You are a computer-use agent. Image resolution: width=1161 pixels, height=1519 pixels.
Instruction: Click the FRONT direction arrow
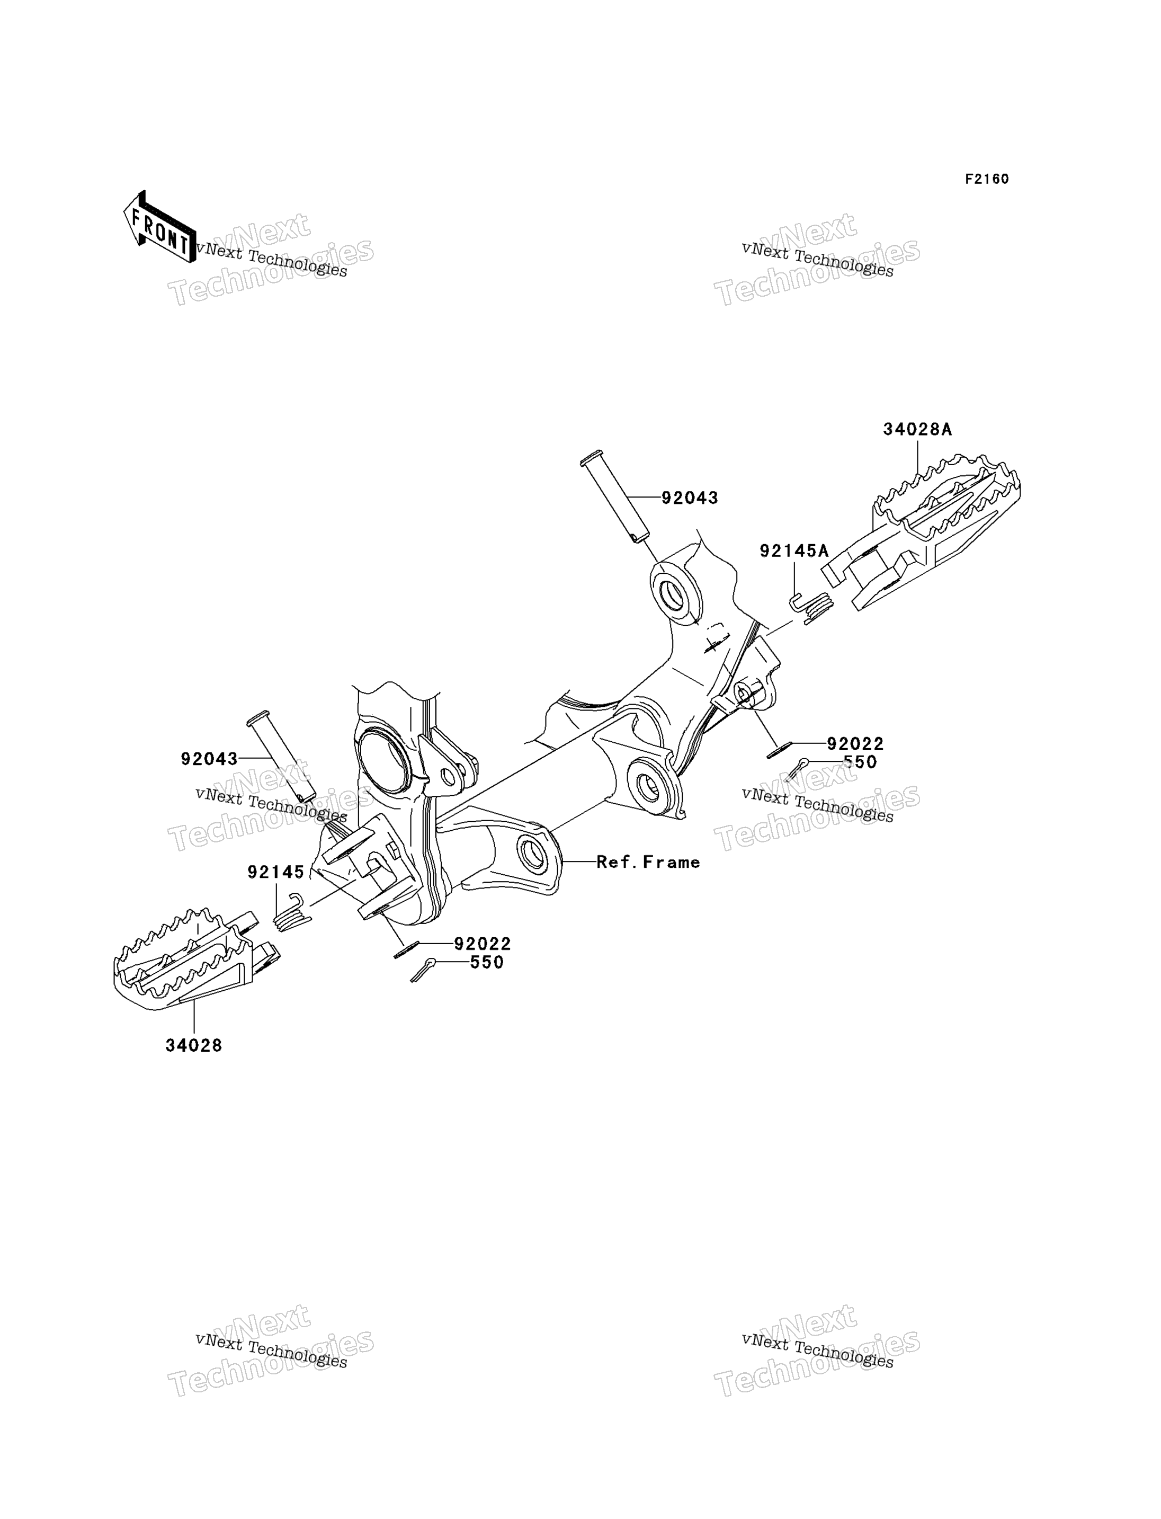159,227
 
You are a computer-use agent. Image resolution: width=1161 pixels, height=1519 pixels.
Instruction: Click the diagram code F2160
987,179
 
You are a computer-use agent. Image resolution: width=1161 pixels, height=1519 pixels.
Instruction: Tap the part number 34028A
917,429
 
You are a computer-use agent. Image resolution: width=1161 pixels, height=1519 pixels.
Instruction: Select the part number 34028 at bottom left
193,1045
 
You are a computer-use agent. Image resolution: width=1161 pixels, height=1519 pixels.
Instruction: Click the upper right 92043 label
690,498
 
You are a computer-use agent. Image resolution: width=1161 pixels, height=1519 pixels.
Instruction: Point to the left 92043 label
209,759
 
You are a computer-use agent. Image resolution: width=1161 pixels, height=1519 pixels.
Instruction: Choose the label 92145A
794,550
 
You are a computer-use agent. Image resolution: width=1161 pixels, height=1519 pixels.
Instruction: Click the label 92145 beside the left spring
276,873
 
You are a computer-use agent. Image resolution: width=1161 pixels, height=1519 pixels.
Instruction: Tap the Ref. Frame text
648,862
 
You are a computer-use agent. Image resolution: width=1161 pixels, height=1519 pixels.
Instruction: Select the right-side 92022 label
855,744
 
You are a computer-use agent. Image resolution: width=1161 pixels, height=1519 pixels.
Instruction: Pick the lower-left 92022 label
483,944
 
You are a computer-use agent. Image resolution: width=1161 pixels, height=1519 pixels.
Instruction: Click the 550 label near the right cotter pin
860,762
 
